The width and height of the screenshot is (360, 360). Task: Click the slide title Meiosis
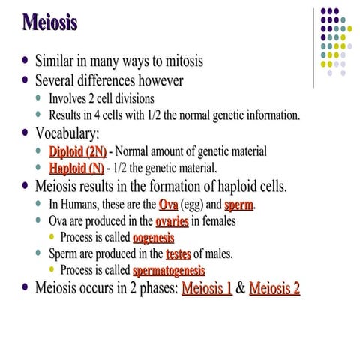49,22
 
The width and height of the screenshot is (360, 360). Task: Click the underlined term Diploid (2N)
77,151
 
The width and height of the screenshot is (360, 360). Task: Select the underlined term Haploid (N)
77,168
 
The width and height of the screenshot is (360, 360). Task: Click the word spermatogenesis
169,270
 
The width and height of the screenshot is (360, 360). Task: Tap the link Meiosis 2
274,289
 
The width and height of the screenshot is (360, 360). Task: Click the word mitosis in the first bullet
178,60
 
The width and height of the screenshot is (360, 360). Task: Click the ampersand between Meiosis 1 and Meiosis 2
241,289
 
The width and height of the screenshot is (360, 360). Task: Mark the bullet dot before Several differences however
27,79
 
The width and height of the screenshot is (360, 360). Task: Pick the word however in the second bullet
159,79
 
